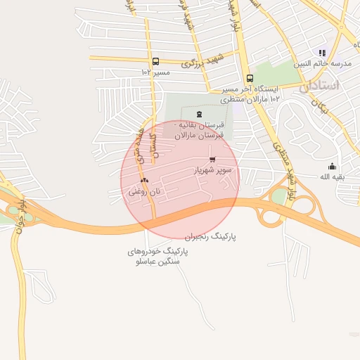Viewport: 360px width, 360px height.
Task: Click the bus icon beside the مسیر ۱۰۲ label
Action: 155,61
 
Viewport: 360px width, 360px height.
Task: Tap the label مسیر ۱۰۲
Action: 155,72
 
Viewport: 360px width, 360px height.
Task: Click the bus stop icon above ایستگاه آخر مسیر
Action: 249,79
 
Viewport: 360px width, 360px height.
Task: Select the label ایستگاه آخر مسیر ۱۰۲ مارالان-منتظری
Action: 250,94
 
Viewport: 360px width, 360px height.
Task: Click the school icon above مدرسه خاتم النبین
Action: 322,53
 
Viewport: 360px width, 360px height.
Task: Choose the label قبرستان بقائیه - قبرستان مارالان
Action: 199,129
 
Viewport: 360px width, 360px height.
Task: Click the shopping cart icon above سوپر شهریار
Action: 212,160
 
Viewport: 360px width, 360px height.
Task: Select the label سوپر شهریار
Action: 212,171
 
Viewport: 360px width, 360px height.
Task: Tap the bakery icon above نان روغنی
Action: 145,180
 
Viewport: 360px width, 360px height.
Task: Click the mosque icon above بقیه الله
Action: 331,166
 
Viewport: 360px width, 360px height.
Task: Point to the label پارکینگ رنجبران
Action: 211,238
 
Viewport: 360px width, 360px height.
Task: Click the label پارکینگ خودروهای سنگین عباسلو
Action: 154,256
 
